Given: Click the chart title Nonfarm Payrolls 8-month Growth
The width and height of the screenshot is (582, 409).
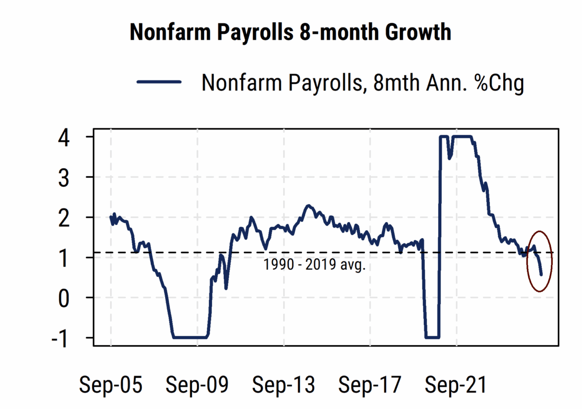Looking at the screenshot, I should point(290,33).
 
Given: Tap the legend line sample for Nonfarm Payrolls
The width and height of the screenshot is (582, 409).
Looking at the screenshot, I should point(159,82).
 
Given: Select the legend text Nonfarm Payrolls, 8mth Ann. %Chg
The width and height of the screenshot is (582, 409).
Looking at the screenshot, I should point(362,83).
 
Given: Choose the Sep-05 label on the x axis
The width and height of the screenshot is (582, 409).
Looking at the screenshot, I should point(111,385).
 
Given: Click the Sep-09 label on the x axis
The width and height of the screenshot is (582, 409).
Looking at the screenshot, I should point(197,385).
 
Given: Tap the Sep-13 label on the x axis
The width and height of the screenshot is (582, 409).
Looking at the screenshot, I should point(284,385).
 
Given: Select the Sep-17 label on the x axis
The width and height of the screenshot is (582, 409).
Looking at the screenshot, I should point(370,385).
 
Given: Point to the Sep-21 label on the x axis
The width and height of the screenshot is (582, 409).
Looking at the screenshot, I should point(456,385).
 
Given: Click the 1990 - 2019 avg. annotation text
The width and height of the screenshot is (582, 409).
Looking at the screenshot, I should point(314,264).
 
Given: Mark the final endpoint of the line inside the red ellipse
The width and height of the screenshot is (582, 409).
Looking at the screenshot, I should point(541,275).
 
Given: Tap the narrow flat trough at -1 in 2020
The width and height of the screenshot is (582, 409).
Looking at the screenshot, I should point(432,338).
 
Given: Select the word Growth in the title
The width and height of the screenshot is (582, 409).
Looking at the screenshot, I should point(418,33).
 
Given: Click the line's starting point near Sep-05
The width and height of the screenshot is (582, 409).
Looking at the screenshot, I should point(111,216).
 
